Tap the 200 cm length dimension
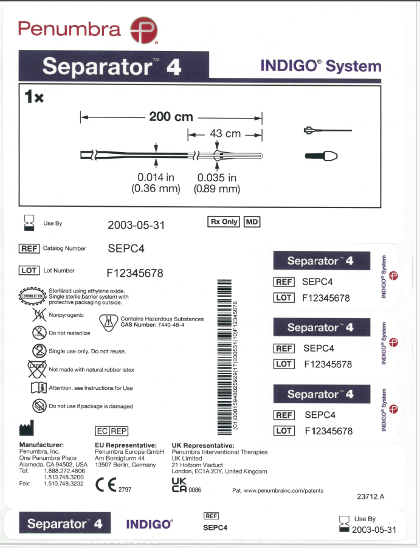pos(171,117)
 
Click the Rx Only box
pos(224,222)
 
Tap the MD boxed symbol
pos(252,222)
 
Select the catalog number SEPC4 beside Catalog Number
pos(126,249)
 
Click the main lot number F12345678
pos(134,273)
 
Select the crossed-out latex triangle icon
pos(38,369)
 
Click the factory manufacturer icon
pos(27,429)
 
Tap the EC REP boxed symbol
pos(111,431)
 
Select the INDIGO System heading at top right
pos(320,66)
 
